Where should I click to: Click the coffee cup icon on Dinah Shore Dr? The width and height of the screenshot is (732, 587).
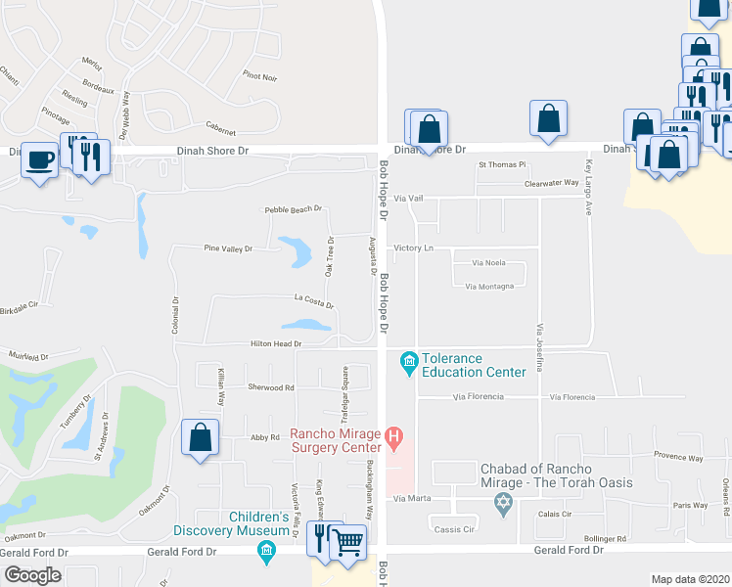(x=40, y=159)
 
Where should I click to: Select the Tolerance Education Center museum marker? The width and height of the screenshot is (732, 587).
(x=408, y=365)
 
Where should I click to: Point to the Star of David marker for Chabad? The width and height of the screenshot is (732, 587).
(x=504, y=505)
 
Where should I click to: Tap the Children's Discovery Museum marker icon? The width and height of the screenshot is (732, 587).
(x=265, y=554)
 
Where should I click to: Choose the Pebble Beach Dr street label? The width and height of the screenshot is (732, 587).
(x=294, y=210)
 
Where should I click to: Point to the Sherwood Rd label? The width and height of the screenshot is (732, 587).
(x=271, y=387)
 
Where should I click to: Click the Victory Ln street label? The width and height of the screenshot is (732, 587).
(x=414, y=248)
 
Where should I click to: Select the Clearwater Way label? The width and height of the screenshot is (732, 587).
(x=552, y=183)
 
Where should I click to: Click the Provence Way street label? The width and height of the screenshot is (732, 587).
(x=678, y=457)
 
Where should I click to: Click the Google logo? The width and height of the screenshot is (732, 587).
(x=32, y=575)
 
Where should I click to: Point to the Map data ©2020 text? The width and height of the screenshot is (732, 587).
(x=690, y=579)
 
